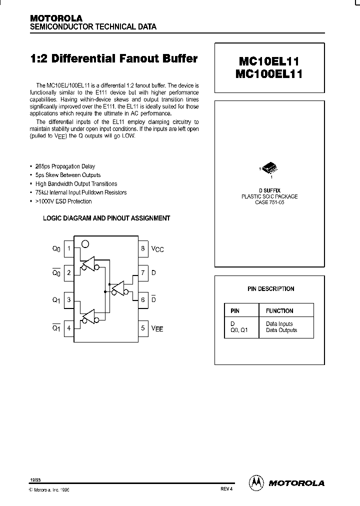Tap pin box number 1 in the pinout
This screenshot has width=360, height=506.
tap(69, 248)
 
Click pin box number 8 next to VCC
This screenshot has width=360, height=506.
tap(142, 248)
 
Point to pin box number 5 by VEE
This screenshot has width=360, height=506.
tap(142, 328)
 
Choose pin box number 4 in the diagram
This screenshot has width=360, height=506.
tap(69, 328)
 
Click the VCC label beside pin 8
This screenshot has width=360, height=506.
tap(157, 249)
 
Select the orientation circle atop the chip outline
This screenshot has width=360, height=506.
tap(85, 244)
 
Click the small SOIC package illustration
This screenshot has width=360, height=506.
tap(269, 169)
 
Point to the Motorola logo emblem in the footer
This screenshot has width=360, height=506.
tap(256, 483)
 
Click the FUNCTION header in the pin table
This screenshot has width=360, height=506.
tap(279, 311)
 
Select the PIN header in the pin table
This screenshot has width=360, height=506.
tap(234, 311)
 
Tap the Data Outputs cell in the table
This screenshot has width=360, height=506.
tap(281, 330)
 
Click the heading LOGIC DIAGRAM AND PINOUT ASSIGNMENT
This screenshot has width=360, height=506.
tap(106, 218)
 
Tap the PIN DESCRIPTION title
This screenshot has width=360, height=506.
tap(270, 289)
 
